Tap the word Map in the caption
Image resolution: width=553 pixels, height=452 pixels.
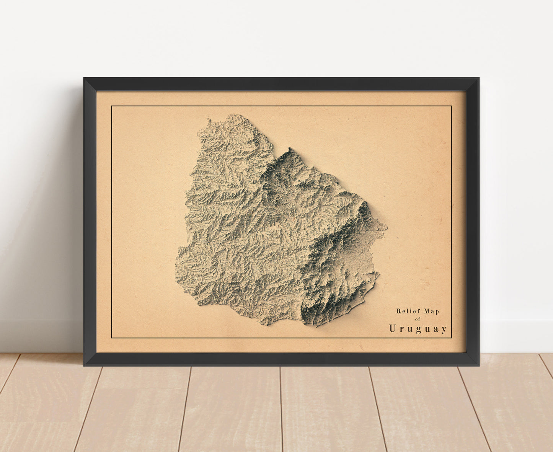432,311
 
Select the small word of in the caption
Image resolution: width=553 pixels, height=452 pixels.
418,319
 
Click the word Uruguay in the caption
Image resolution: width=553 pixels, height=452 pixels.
418,329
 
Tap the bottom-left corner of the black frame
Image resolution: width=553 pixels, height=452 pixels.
84,366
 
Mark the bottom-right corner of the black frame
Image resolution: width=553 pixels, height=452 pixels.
479,366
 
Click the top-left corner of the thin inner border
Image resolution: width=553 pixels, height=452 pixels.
111,106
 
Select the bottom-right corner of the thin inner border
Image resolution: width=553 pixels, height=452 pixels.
452,338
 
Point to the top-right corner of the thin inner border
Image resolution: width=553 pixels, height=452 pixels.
452,106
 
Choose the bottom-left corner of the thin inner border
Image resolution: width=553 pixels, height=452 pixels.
111,338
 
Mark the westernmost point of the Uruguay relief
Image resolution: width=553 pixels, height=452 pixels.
176,264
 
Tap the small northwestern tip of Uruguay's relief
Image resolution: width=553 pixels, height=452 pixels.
209,120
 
